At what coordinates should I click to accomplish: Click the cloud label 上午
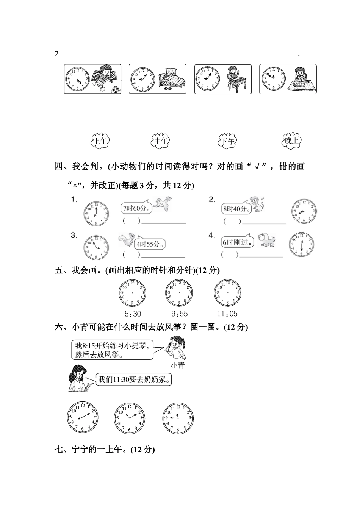pyautogui.click(x=100, y=141)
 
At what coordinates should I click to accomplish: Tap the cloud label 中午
pyautogui.click(x=161, y=141)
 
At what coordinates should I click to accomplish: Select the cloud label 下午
pyautogui.click(x=227, y=141)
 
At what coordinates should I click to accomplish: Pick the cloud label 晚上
pyautogui.click(x=292, y=141)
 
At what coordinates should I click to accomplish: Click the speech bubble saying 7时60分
pyautogui.click(x=135, y=208)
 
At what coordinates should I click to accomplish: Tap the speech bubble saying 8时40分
pyautogui.click(x=235, y=208)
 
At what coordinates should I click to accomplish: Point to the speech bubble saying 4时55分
pyautogui.click(x=150, y=244)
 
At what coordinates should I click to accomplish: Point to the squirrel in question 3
pyautogui.click(x=125, y=239)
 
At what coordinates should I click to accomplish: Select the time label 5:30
pyautogui.click(x=133, y=314)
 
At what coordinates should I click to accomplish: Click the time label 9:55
pyautogui.click(x=179, y=314)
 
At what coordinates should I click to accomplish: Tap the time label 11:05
pyautogui.click(x=227, y=314)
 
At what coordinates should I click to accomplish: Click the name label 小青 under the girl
pyautogui.click(x=177, y=365)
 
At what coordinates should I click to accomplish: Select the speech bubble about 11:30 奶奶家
pyautogui.click(x=133, y=379)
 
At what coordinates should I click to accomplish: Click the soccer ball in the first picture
pyautogui.click(x=115, y=89)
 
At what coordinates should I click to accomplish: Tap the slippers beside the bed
pyautogui.click(x=167, y=89)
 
